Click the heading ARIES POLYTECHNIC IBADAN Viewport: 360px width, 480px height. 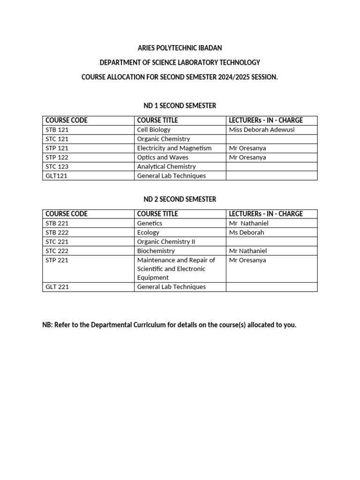(x=180, y=48)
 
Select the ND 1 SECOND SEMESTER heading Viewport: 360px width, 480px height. (x=180, y=106)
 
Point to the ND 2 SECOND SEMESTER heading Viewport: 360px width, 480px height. (x=180, y=199)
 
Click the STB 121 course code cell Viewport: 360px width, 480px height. (x=57, y=130)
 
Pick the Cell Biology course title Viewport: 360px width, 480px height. (x=154, y=130)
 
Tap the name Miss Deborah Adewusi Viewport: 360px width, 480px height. (x=262, y=130)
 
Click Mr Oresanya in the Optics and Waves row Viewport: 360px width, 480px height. (x=247, y=157)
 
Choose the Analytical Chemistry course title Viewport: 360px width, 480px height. (x=166, y=167)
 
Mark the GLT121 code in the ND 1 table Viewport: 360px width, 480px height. (x=56, y=176)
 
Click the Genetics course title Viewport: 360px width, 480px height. (x=150, y=223)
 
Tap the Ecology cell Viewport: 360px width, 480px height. (x=148, y=232)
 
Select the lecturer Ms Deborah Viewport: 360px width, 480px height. (x=247, y=232)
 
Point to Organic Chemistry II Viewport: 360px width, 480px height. (x=166, y=242)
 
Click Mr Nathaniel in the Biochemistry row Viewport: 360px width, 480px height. (x=248, y=251)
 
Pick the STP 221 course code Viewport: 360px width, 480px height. (x=57, y=260)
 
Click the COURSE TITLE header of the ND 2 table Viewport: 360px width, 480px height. (x=157, y=214)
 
